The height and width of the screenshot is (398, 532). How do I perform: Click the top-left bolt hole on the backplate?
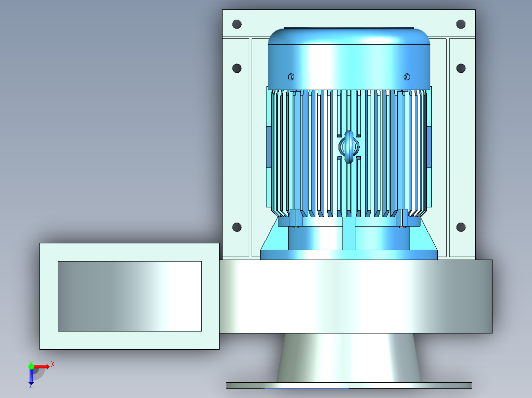point(237,24)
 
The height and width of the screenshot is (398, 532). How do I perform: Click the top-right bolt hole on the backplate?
point(461,24)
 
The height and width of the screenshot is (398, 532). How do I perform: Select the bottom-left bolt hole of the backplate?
point(237,227)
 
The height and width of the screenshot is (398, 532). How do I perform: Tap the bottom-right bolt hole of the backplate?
point(461,227)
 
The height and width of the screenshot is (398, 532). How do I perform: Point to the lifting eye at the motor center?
point(349,147)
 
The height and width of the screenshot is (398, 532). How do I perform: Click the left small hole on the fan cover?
point(291,77)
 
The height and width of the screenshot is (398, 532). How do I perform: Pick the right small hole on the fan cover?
point(407,76)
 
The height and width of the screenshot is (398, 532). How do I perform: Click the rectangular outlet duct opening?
point(129,296)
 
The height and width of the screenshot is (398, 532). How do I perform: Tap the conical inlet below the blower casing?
point(349,357)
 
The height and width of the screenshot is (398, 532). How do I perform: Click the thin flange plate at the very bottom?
point(349,385)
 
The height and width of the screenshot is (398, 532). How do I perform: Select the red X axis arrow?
point(42,366)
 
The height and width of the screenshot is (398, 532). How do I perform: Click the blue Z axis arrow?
point(31,377)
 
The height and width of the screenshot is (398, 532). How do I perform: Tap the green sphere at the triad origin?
point(31,366)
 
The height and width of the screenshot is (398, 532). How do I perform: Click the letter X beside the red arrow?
point(53,365)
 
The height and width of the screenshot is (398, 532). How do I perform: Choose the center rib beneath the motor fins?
point(349,233)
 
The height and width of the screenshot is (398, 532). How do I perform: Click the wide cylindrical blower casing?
point(355,296)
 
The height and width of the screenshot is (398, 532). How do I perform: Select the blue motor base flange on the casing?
point(349,255)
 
